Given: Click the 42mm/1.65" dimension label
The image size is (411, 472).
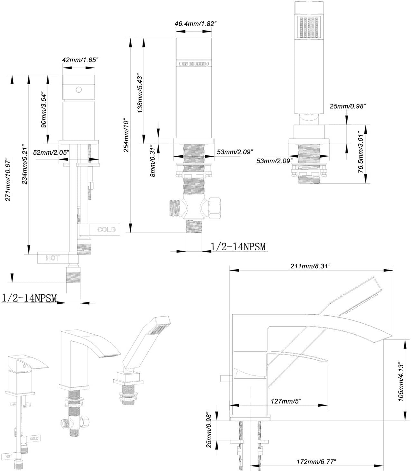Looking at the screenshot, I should tap(79, 60).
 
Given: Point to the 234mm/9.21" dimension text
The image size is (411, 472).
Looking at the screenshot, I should tap(25, 166).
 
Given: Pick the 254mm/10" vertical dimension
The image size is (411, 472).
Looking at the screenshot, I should tap(126, 135).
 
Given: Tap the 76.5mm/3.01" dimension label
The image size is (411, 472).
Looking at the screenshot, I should tap(362, 153).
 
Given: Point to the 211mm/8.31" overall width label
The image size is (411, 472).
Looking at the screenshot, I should tap(311, 266).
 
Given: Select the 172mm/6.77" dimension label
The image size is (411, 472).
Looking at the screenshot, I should tap(316, 462).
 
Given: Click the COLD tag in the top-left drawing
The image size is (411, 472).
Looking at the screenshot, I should tap(106, 229).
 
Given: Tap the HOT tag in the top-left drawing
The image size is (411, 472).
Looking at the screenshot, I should tap(52, 258).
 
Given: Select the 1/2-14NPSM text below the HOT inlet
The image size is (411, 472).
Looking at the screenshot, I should tap(29, 298).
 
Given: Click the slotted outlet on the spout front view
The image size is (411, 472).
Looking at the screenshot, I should tap(193, 64).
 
